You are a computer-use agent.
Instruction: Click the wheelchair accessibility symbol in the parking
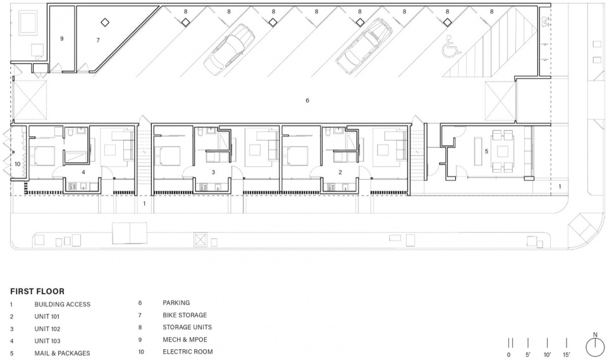pos(451,46)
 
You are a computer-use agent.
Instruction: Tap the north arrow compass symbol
pos(595,346)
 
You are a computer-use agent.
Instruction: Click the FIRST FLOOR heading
pos(37,292)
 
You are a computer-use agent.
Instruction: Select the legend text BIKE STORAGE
pos(185,315)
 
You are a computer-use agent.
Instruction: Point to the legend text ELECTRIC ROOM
pos(188,352)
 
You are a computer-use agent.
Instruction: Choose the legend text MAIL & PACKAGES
pos(63,354)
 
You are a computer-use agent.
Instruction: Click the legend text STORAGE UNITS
pos(187,328)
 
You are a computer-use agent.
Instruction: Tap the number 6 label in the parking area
pos(307,101)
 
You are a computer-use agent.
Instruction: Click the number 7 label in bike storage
pos(98,40)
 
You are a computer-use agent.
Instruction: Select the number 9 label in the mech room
pos(61,39)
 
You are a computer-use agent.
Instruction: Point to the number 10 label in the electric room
pos(18,164)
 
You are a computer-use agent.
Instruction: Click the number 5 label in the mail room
pos(487,151)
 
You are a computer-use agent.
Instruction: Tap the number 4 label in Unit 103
pos(83,172)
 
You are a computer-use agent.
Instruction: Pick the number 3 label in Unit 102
pos(213,172)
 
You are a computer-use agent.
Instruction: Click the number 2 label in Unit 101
pos(340,172)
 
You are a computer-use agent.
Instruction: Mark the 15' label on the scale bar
pos(567,354)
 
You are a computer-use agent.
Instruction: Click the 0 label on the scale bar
pos(508,354)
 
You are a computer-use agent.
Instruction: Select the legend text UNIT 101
pos(47,316)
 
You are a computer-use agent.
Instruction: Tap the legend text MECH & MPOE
pos(185,340)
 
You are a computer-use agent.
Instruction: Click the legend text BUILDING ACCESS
pos(63,304)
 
